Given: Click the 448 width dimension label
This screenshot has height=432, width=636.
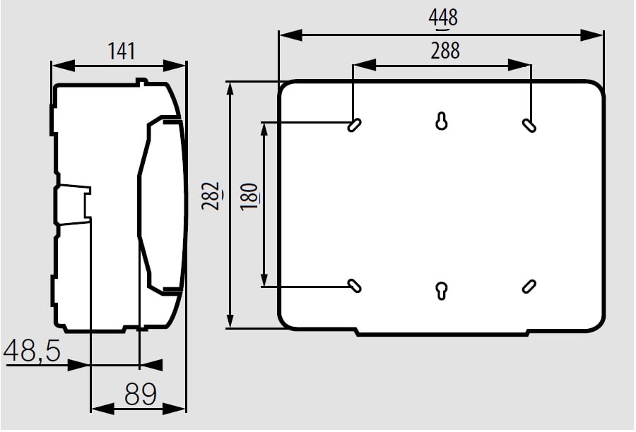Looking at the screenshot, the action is coord(443,18).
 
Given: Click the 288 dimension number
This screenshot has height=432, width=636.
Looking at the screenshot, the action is coord(445,51).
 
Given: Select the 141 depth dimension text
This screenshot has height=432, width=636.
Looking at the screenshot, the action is coord(122,52).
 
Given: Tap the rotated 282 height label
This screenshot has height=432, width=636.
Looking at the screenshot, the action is coord(211,196).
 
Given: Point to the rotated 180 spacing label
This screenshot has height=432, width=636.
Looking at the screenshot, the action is coord(249,196).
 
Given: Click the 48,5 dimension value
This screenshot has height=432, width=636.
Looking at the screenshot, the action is coord(33,351).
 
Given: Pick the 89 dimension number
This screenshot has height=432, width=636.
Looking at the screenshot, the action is coord(141,394).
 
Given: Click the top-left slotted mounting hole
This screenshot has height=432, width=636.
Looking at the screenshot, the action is coord(355,125).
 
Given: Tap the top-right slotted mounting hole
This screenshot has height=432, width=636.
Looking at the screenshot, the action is coord(529,125).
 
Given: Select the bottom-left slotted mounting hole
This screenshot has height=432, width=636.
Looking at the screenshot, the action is coord(355,285).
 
